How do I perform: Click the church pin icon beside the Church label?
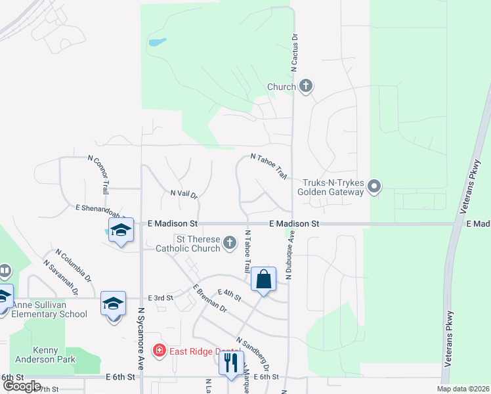306,85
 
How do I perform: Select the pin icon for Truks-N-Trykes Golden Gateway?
374,186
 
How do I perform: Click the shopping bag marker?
263,279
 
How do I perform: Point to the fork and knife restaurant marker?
230,363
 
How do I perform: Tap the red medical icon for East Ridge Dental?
159,351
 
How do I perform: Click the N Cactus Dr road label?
295,53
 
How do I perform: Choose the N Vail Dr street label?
184,193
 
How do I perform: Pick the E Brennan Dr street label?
209,298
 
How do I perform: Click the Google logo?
22,386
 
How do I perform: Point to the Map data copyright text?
463,389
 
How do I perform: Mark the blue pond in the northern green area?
157,43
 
